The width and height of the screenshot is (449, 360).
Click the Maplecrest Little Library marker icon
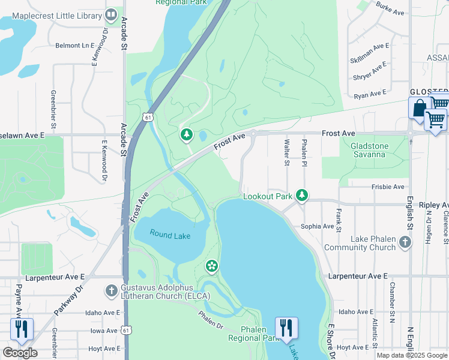tap(110, 14)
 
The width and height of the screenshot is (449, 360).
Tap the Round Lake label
tap(170, 235)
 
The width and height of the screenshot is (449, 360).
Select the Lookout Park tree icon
tap(303, 195)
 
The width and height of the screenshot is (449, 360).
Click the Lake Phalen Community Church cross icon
tap(405, 242)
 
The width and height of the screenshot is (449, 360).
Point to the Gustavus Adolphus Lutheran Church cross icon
tap(110, 292)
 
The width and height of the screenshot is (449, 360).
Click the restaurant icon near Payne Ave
tap(20, 328)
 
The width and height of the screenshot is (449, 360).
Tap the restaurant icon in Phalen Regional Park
tap(286, 328)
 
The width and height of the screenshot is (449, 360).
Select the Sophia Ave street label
tap(317, 226)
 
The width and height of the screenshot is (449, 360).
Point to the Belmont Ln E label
tap(75, 46)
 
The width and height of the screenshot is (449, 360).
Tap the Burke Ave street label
tap(387, 8)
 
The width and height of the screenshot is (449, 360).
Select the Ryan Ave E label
tap(370, 95)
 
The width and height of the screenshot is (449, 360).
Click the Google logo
tap(20, 353)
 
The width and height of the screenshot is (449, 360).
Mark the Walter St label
tap(286, 151)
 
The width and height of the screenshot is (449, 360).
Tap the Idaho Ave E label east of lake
tap(355, 312)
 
